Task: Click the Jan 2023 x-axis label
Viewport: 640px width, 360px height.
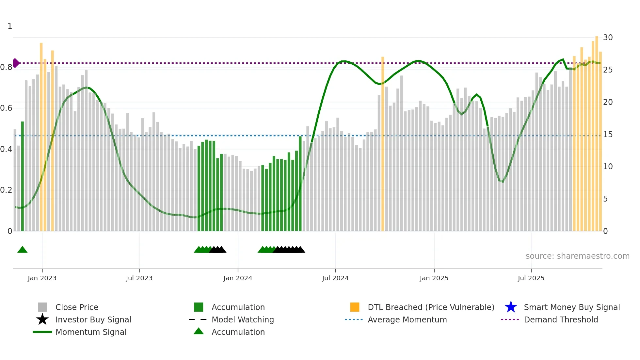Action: (x=42, y=278)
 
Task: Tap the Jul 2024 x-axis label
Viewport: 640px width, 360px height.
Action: (x=335, y=278)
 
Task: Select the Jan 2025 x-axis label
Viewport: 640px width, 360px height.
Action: (x=434, y=278)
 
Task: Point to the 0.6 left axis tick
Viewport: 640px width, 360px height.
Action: (x=6, y=108)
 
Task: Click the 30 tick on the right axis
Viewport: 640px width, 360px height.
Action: (x=608, y=38)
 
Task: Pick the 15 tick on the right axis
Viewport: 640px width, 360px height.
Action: (x=608, y=135)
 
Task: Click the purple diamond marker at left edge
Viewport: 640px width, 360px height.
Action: (x=16, y=63)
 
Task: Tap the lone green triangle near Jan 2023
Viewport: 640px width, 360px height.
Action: (x=22, y=250)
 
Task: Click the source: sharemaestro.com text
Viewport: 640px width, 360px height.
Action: (x=577, y=256)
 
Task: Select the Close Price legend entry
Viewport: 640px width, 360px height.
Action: (x=77, y=307)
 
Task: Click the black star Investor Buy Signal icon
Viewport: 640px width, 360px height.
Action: (x=42, y=319)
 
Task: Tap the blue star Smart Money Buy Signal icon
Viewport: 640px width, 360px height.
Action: (x=511, y=307)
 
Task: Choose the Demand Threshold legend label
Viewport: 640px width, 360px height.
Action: (x=561, y=320)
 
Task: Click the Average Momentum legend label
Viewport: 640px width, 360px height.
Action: (x=407, y=320)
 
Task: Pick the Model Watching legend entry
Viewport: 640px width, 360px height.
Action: (x=243, y=320)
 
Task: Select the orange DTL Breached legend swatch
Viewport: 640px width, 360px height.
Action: (x=355, y=307)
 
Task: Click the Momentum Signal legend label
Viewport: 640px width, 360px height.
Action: (x=91, y=332)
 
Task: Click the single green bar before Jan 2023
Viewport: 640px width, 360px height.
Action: (x=23, y=176)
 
